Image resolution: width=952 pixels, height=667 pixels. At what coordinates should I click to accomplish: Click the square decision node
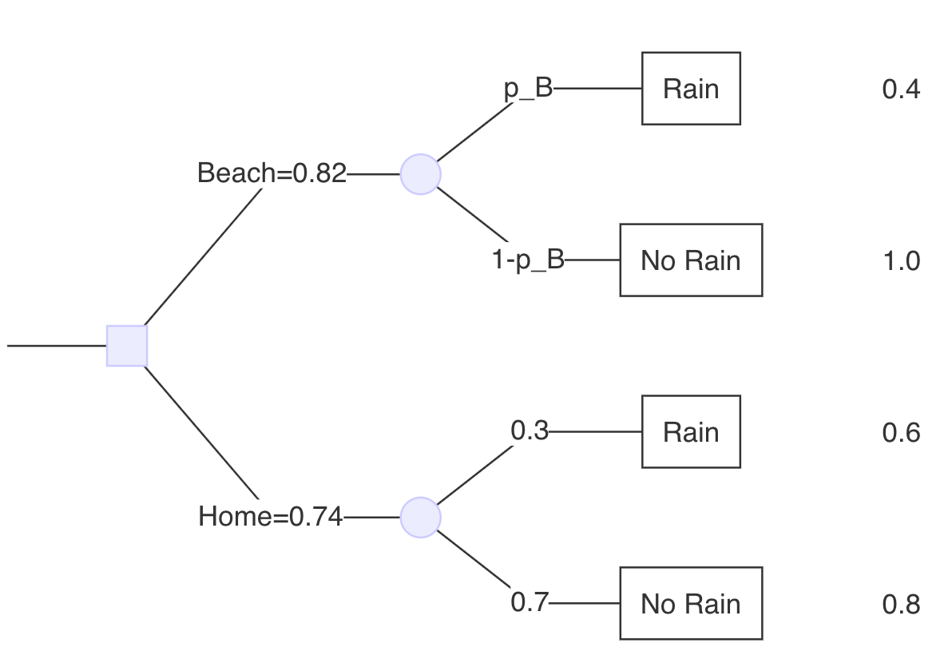point(127,346)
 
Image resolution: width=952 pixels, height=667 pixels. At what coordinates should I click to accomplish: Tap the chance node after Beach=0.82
point(420,174)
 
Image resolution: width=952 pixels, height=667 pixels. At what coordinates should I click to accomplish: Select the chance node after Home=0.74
point(420,518)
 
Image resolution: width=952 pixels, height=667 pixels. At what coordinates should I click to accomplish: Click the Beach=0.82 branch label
point(272,173)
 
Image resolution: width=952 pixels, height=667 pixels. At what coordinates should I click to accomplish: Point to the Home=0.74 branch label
point(270,517)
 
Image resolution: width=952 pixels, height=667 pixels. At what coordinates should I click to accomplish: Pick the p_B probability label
point(529,89)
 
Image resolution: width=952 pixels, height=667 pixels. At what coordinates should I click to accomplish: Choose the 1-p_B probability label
point(528,260)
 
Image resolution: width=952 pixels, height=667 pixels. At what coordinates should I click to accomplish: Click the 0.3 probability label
point(530,431)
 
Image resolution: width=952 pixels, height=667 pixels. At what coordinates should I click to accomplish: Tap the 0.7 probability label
point(530,603)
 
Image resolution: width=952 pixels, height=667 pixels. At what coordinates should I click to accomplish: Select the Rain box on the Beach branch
point(691,89)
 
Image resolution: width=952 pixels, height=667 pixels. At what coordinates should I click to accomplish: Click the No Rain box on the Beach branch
point(691,260)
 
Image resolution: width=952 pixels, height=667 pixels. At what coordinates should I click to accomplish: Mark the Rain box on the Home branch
point(691,432)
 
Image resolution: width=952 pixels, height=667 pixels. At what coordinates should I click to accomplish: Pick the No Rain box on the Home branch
point(691,604)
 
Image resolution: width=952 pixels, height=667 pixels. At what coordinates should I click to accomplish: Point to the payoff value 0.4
point(901,89)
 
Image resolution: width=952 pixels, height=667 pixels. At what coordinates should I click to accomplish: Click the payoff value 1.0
point(901,261)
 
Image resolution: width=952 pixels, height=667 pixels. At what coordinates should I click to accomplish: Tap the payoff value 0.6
point(901,433)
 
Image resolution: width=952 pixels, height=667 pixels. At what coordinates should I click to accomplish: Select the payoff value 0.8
point(901,605)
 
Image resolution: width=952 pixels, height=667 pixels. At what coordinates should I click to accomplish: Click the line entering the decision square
point(56,346)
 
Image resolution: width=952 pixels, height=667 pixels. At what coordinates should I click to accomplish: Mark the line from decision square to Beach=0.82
point(204,256)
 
